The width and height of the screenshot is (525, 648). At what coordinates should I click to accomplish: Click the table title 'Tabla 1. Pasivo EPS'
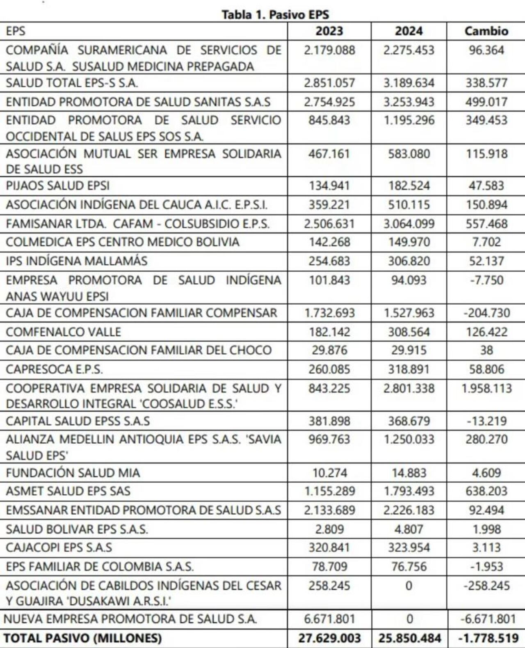click(x=275, y=15)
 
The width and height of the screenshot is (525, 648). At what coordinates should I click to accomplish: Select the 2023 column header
click(x=329, y=31)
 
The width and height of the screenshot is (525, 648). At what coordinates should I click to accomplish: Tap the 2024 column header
click(x=409, y=31)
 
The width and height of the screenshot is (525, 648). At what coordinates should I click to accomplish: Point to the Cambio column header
click(x=486, y=31)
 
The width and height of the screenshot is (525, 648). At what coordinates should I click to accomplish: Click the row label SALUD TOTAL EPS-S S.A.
click(x=72, y=83)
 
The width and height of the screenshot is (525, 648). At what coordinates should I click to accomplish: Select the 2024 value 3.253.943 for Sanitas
click(x=409, y=102)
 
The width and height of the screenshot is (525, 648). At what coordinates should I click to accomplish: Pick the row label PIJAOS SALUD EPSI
click(x=58, y=186)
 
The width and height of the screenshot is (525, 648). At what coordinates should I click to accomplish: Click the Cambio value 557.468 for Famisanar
click(x=486, y=224)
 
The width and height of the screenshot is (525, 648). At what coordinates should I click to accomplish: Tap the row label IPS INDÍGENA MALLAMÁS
click(x=77, y=261)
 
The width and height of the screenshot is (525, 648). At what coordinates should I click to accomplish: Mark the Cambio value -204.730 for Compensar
click(x=486, y=313)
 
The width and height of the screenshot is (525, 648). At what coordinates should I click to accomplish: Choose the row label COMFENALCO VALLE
click(x=64, y=332)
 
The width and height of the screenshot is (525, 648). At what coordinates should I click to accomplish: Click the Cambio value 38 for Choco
click(x=486, y=350)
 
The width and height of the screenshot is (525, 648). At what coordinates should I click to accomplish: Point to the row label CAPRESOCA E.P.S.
click(x=54, y=370)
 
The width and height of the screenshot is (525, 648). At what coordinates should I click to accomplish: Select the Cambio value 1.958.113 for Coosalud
click(x=486, y=388)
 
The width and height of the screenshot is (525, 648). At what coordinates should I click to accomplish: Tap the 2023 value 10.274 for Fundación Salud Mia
click(x=329, y=473)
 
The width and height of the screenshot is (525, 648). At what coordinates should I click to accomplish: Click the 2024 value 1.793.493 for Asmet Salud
click(x=409, y=491)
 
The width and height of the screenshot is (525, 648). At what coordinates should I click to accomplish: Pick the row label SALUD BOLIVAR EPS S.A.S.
click(x=77, y=529)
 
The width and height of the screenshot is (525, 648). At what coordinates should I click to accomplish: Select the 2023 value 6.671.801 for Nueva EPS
click(x=329, y=619)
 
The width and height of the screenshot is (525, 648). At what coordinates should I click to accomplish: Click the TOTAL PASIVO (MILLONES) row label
click(x=83, y=638)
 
